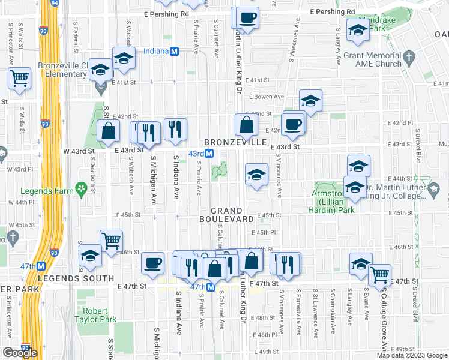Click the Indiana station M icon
(175, 52)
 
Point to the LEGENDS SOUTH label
(76, 278)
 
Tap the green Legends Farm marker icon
(80, 191)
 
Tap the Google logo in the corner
(20, 353)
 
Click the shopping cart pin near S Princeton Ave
(20, 78)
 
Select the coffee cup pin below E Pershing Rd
(247, 17)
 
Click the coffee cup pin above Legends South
(153, 262)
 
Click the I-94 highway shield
(54, 3)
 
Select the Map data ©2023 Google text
(411, 355)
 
